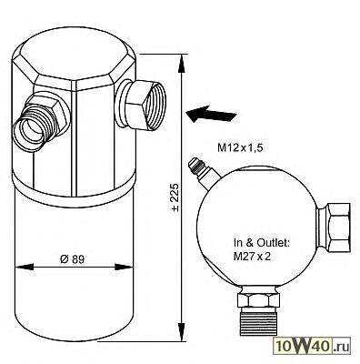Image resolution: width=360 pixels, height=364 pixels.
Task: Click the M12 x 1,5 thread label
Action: (240, 148)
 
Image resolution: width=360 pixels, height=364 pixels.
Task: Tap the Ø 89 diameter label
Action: (72, 259)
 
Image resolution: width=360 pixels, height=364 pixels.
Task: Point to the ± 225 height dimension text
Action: (175, 197)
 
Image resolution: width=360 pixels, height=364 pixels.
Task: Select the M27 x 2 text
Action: (252, 257)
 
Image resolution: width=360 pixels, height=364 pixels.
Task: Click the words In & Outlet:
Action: (262, 243)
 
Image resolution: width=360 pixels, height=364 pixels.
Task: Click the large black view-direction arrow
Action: (211, 114)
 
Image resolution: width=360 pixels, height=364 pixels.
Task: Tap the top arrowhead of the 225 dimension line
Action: (182, 64)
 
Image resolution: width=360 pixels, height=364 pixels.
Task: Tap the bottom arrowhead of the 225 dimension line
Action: (182, 332)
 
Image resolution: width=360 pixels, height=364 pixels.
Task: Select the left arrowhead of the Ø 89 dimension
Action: (24, 267)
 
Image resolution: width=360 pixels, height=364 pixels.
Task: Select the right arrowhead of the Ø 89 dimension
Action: (124, 267)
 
